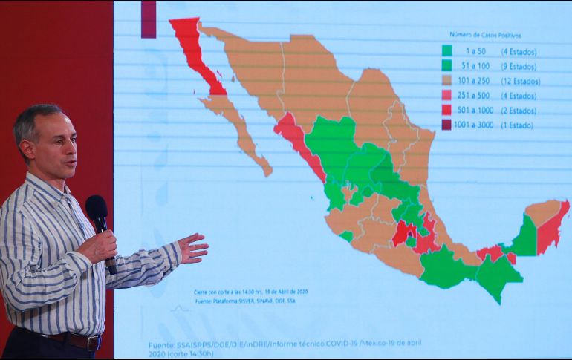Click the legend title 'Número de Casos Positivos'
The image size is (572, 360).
tap(485, 35)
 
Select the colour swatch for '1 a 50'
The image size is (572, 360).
tap(447, 51)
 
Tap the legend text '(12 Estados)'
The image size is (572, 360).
tap(520, 81)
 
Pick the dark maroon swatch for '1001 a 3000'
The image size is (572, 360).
tap(447, 125)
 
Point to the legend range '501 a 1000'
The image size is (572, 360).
tap(478, 111)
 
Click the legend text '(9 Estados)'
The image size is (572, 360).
tap(519, 66)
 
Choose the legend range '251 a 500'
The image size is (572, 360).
tap(478, 96)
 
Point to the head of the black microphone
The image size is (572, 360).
tap(96, 208)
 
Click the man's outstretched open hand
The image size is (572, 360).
tap(192, 248)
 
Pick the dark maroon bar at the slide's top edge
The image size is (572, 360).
tap(149, 19)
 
